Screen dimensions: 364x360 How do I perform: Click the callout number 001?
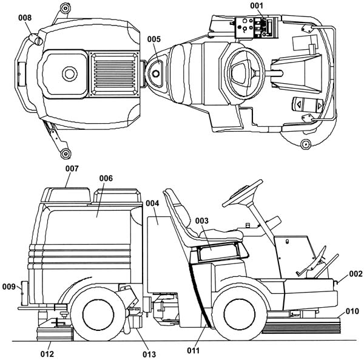tap(257, 5)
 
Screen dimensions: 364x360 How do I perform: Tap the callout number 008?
tap(25, 18)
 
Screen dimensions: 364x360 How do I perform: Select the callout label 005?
tap(154, 39)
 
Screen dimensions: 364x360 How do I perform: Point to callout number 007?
tap(72, 168)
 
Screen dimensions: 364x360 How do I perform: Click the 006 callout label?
tap(106, 178)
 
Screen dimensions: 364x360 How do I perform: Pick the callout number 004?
tap(152, 203)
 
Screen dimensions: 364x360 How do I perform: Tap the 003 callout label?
tap(202, 220)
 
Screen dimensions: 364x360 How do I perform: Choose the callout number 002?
tap(356, 274)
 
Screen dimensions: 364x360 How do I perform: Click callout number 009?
tap(9, 287)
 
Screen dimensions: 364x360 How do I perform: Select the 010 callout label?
tap(352, 311)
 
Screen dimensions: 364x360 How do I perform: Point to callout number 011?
tap(194, 350)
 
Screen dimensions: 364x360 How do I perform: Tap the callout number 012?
tap(47, 354)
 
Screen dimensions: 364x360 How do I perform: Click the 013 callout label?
tap(149, 355)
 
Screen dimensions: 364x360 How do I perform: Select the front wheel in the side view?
tap(240, 314)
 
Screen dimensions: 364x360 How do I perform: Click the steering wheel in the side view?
tap(243, 193)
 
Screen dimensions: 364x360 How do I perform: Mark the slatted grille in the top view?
tap(115, 74)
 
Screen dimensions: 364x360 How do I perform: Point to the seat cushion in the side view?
tap(221, 234)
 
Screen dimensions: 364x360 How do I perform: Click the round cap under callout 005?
tap(155, 73)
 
